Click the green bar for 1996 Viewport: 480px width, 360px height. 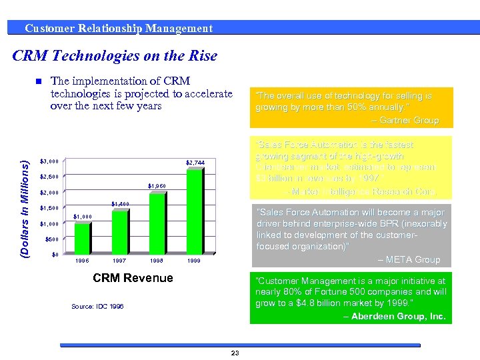(x=82, y=239)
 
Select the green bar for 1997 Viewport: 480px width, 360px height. (x=119, y=232)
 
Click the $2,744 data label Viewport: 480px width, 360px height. (x=195, y=163)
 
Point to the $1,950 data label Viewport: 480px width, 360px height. (x=156, y=186)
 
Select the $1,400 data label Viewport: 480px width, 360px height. (x=120, y=203)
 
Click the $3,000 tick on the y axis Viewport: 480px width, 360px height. (x=49, y=161)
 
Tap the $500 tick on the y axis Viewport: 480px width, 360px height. (x=51, y=239)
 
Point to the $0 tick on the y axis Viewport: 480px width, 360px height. (x=55, y=255)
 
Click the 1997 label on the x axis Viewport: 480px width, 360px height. (x=119, y=261)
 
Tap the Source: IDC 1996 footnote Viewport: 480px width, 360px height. (x=97, y=306)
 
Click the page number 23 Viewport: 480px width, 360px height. (x=235, y=353)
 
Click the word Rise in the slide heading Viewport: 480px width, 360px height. (x=199, y=56)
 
